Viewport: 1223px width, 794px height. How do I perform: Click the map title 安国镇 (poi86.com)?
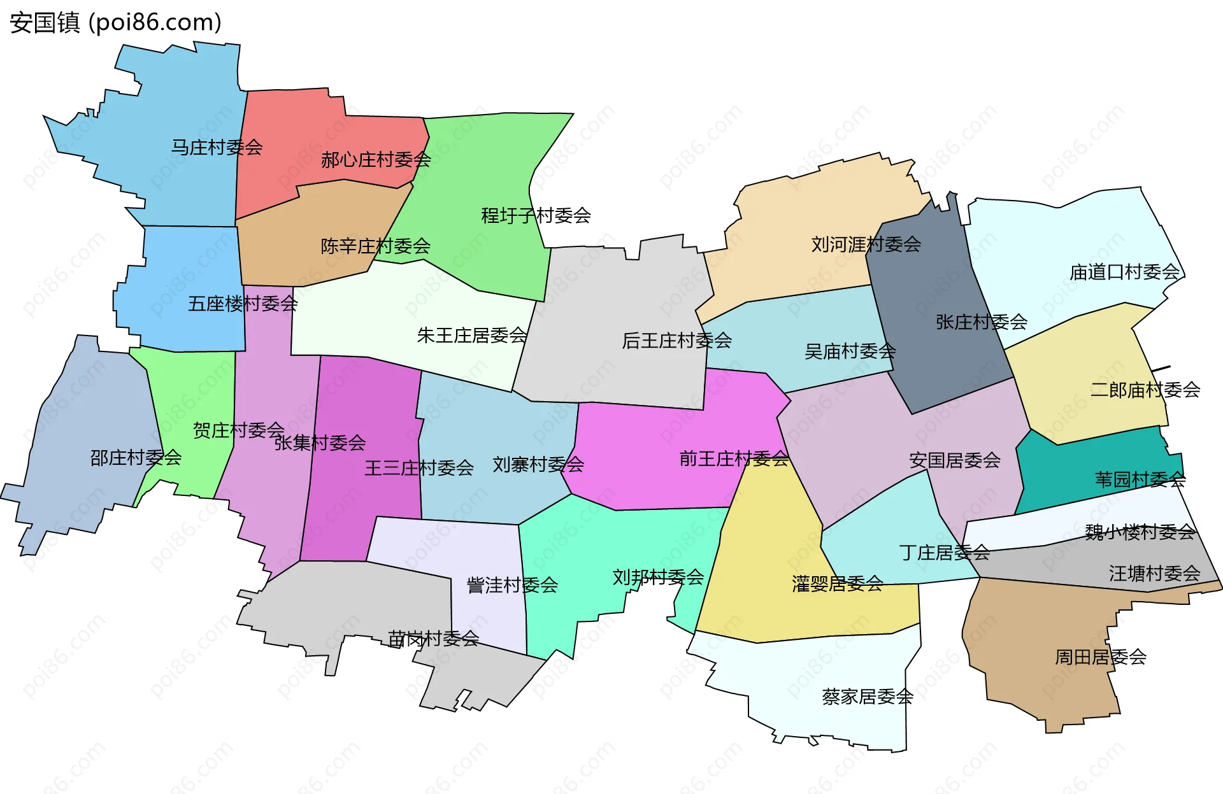click(x=115, y=22)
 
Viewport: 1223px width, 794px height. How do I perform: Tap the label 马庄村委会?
click(x=217, y=147)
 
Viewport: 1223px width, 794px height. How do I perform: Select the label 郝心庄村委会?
click(x=376, y=159)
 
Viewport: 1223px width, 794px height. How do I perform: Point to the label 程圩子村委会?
click(x=536, y=215)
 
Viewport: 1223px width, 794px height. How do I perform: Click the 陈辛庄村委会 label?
click(x=375, y=246)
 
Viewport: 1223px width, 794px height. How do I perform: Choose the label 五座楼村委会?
click(x=243, y=303)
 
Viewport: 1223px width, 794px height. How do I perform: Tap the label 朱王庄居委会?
click(x=472, y=335)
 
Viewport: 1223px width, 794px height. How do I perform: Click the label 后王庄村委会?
click(x=676, y=341)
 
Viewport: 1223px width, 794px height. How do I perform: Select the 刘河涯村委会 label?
click(x=866, y=244)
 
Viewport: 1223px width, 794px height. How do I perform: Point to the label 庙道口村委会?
click(x=1124, y=272)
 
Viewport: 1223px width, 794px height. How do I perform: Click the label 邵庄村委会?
click(x=136, y=457)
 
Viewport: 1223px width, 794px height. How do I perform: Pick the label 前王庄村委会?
click(x=734, y=458)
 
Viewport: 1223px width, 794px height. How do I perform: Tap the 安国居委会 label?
click(x=954, y=460)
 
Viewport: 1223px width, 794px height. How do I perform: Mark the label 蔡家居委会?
click(x=868, y=697)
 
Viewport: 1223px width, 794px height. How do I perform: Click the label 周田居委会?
click(x=1101, y=656)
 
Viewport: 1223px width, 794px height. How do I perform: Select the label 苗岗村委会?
click(x=433, y=638)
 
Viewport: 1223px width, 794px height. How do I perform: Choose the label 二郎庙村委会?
click(x=1145, y=389)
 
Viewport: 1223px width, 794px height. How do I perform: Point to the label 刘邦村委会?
click(x=658, y=577)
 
